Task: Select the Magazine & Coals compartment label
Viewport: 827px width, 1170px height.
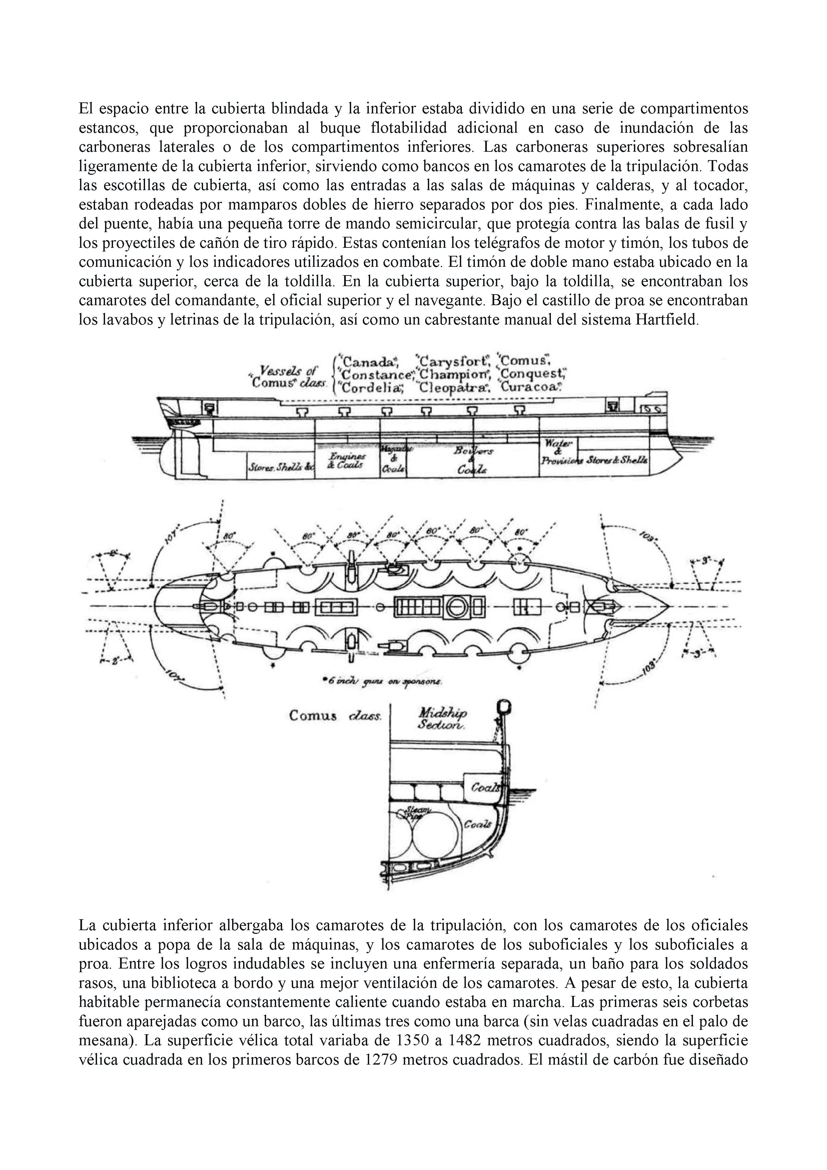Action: click(x=394, y=459)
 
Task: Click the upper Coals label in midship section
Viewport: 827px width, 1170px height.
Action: click(x=483, y=787)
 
